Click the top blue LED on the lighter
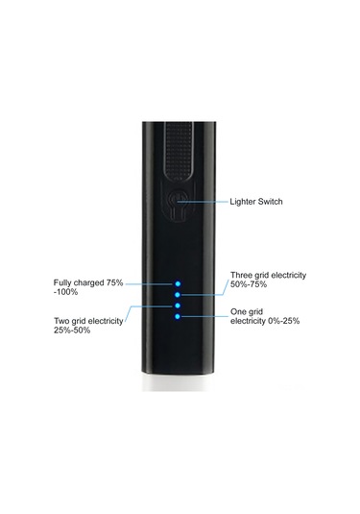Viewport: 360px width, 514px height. tap(178, 283)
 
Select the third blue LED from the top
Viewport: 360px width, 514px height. tap(178, 305)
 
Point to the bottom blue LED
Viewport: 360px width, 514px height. tap(178, 315)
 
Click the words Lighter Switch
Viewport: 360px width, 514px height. tap(256, 203)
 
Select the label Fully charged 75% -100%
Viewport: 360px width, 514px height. tap(88, 286)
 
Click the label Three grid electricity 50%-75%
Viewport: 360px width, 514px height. tap(268, 280)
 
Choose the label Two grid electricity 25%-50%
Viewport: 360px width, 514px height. tap(88, 326)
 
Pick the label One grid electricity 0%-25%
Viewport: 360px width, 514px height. tap(265, 316)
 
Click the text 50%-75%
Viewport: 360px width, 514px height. tap(250, 284)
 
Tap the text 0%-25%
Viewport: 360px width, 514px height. tap(284, 321)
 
